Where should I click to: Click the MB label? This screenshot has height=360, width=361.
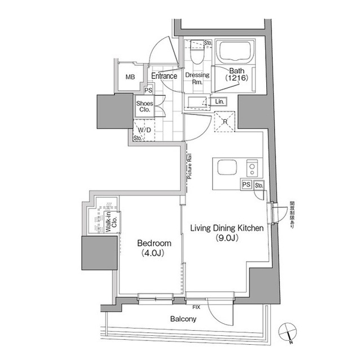tap(130, 77)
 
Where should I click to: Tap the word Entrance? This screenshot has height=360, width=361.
tap(164, 76)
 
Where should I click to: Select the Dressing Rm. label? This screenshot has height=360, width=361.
tap(197, 78)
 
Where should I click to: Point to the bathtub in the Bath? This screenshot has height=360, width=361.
tap(236, 54)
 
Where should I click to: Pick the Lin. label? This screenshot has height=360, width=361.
tap(219, 101)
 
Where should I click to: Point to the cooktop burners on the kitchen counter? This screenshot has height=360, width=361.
tap(252, 168)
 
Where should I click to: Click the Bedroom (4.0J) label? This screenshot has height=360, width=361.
tap(153, 248)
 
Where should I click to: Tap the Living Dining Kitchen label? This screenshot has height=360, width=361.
tap(224, 232)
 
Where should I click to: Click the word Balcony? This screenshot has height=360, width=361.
tap(183, 319)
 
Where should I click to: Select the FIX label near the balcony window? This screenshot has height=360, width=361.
tap(196, 307)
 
